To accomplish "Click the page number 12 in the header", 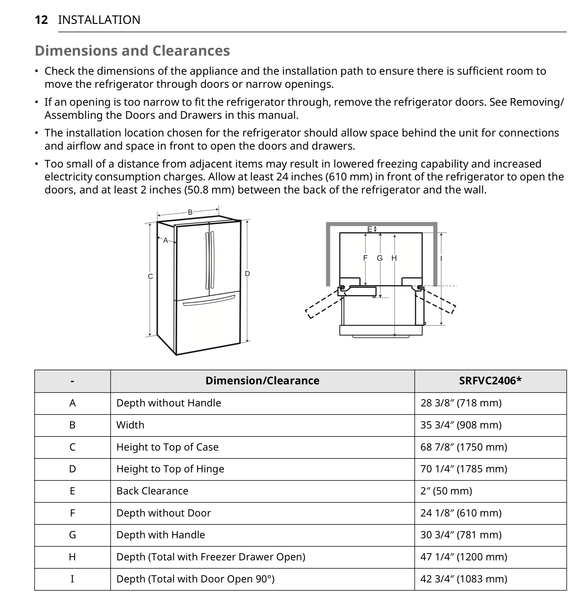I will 41,20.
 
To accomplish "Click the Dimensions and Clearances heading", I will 132,51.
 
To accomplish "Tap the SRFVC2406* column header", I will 490,380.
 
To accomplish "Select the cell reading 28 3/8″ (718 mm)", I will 461,403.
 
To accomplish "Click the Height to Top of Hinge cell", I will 170,469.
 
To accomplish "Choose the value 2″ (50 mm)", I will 446,491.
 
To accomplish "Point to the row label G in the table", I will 72,535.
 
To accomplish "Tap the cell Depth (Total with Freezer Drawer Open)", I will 210,557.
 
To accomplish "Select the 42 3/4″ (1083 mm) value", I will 464,579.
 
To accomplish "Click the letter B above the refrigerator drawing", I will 190,212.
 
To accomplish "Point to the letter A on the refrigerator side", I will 166,240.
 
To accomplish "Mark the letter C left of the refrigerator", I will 150,277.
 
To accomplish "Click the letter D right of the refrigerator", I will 247,274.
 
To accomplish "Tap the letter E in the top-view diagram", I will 369,229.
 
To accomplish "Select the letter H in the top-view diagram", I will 394,258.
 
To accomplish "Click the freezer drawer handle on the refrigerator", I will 209,301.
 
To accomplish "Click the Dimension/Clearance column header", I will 262,380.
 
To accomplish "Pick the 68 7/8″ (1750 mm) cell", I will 464,447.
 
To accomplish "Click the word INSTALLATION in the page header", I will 99,20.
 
